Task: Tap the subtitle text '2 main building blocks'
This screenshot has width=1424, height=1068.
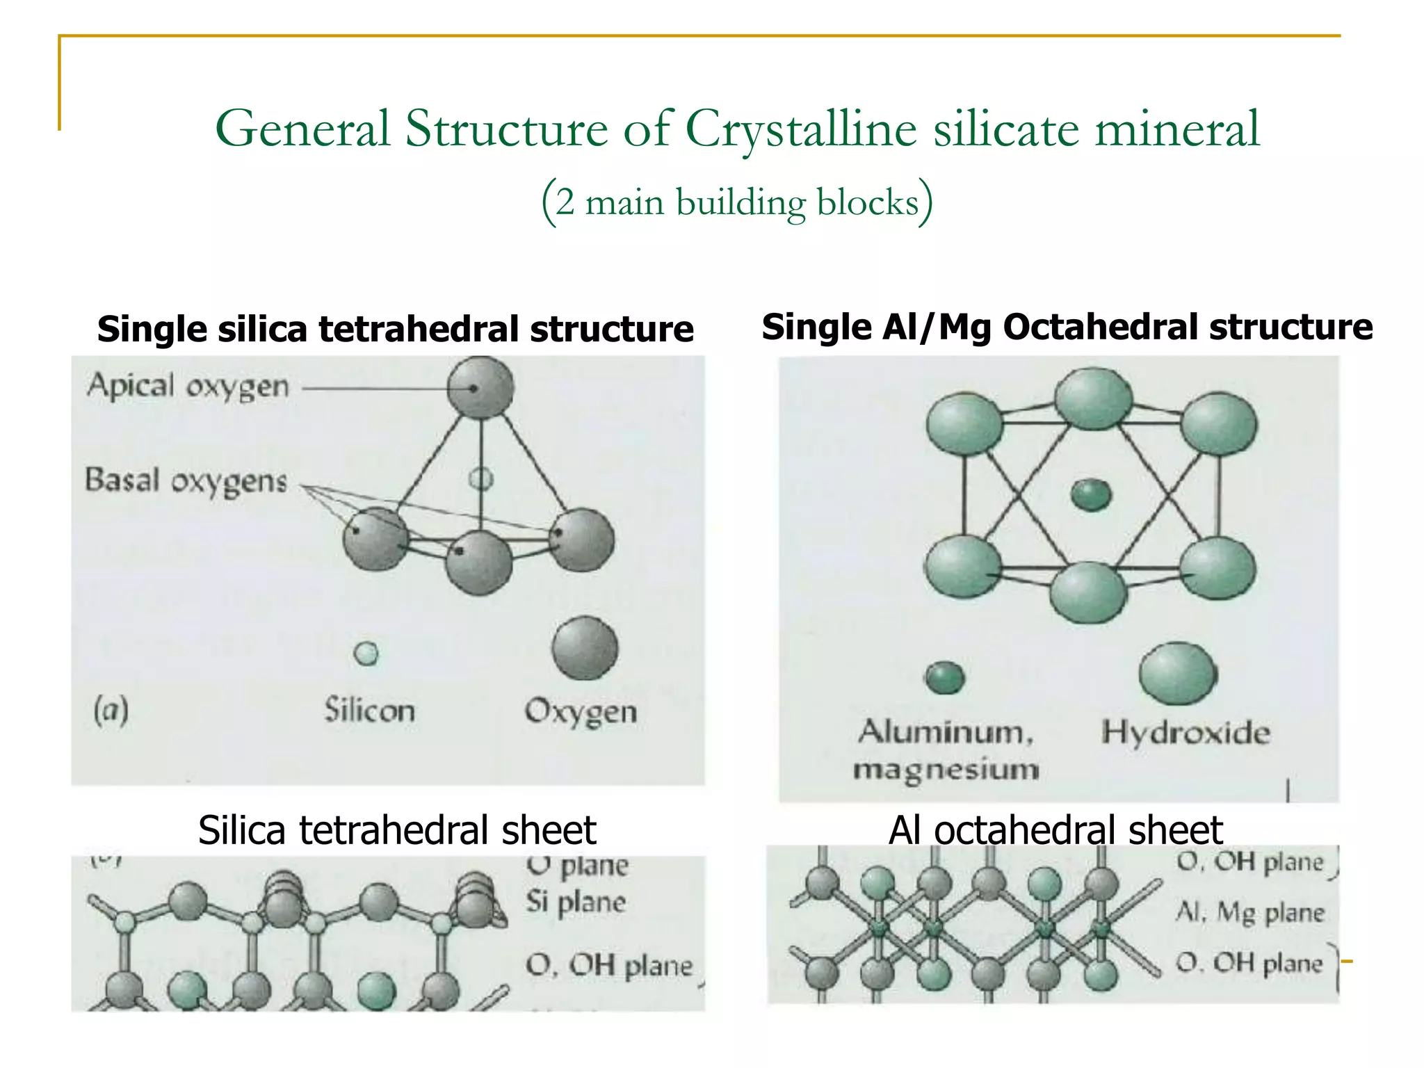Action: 737,202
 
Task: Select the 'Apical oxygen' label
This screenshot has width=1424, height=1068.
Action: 188,386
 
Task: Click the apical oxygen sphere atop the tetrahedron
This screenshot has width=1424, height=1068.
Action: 480,388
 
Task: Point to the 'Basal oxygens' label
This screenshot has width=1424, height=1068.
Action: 186,480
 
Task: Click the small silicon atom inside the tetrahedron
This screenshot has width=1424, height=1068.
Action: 481,478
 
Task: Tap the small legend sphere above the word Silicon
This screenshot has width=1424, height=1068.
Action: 366,653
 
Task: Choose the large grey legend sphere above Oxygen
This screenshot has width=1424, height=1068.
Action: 585,648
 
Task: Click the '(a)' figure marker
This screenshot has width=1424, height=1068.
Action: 111,711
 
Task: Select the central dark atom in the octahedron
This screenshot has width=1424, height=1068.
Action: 1090,494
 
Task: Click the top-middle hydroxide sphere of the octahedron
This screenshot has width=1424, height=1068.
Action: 1093,398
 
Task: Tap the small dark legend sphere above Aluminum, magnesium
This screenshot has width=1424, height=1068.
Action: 945,677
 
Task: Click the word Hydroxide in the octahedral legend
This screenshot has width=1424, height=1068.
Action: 1186,733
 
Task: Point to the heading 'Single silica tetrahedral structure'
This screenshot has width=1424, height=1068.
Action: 395,329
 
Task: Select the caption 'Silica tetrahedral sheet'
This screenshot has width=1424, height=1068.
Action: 397,830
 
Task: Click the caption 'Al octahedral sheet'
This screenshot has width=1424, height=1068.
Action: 1055,830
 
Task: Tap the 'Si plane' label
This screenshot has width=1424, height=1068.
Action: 576,902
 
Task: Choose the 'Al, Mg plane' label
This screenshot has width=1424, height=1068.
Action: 1249,912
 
